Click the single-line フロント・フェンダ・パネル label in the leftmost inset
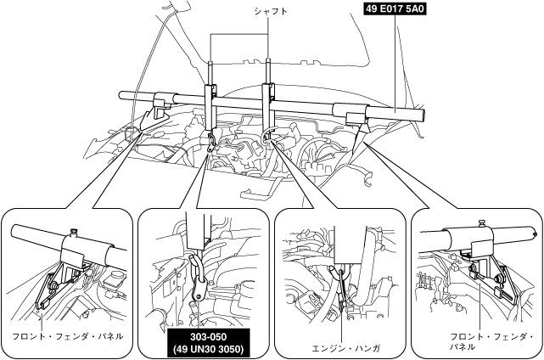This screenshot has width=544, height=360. point(67,336)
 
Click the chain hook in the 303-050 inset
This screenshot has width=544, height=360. point(199,274)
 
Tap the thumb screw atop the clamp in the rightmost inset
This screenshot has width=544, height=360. point(480,223)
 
